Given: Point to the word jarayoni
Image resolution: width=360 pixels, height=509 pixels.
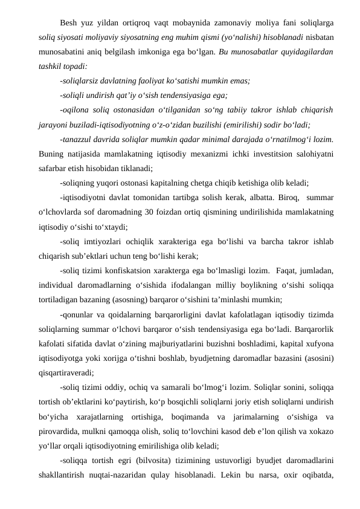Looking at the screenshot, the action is click(x=51, y=126).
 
